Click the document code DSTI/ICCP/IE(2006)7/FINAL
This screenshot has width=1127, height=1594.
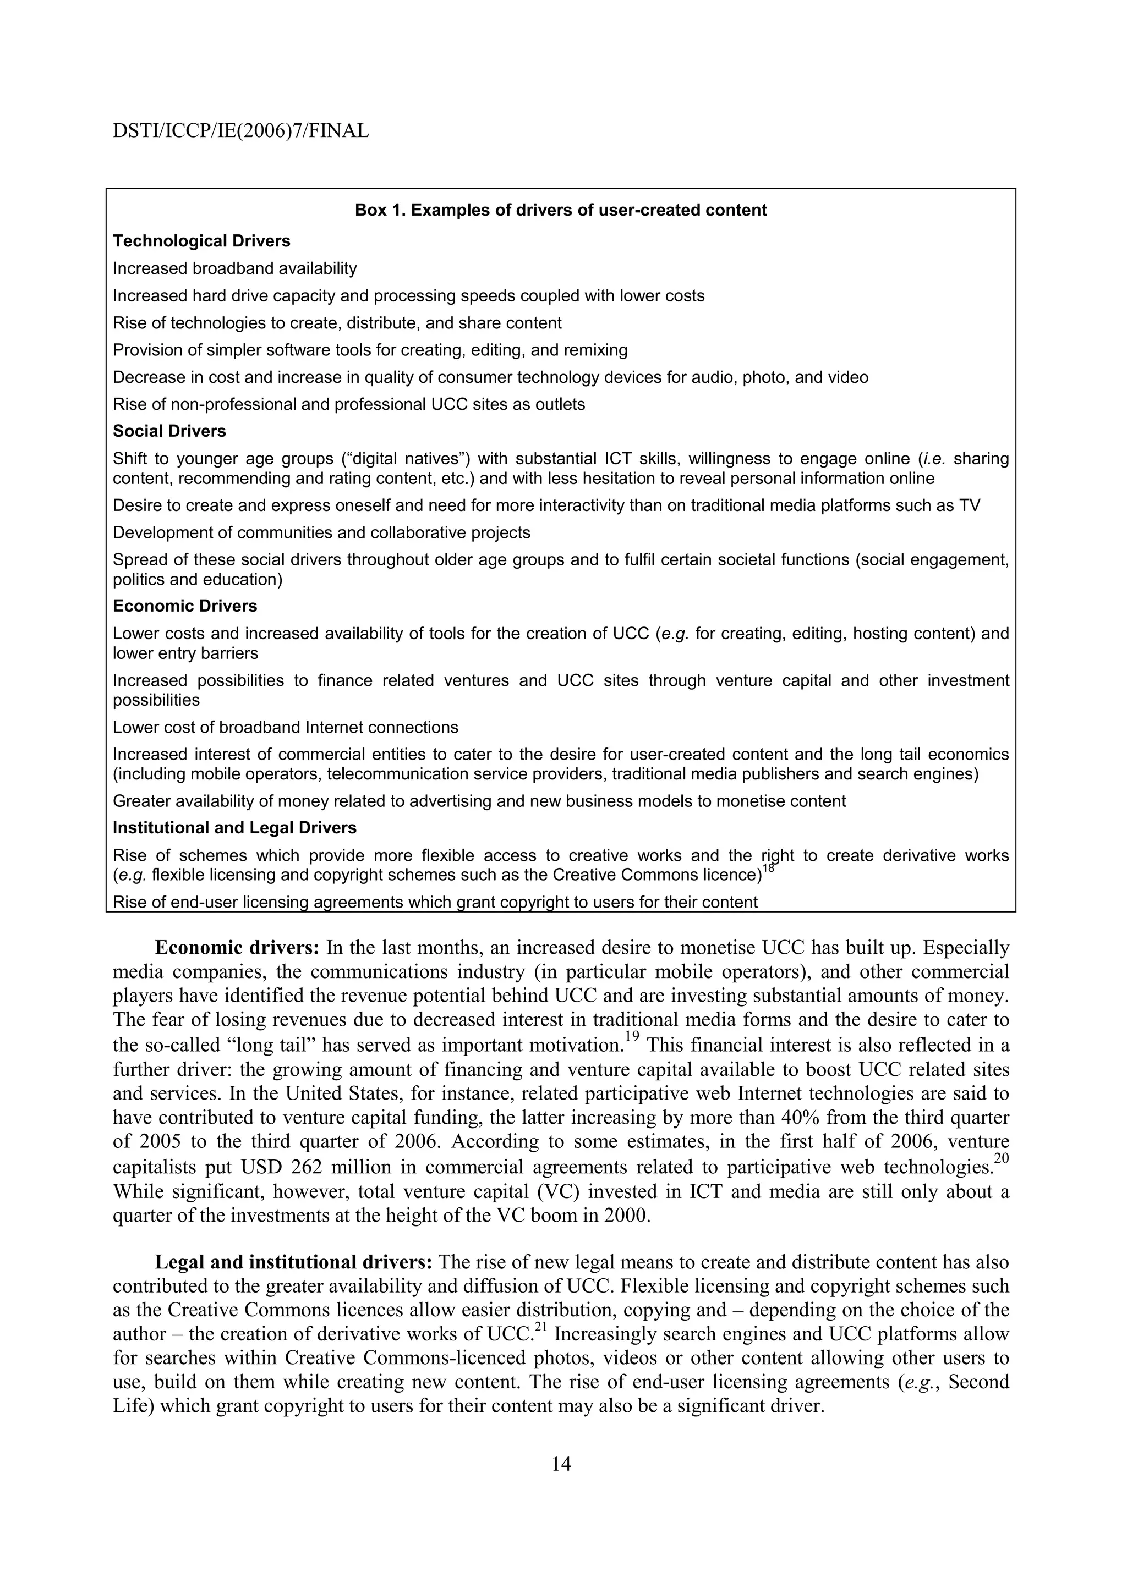coord(240,130)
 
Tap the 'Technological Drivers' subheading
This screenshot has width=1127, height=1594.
coord(201,241)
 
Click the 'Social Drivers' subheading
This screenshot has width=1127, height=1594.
coord(169,431)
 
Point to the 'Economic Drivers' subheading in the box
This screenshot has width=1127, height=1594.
coord(185,606)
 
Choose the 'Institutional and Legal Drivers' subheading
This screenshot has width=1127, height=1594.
coord(235,828)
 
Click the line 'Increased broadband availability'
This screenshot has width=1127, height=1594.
coord(235,268)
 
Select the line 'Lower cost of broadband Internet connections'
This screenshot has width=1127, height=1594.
coord(286,727)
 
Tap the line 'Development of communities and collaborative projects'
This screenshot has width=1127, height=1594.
coord(321,532)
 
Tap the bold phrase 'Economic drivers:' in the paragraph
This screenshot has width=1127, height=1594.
coord(237,948)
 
